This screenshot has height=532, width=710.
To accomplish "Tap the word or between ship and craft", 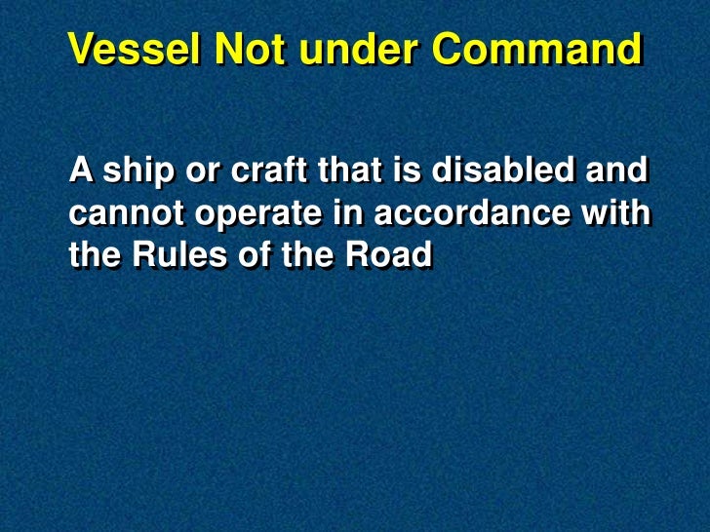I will coord(205,173).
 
